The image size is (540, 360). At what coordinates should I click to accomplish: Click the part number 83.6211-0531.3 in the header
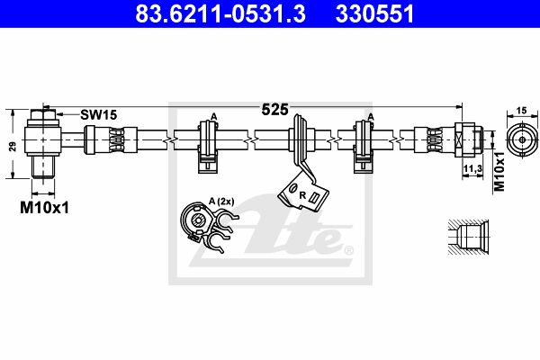pyautogui.click(x=220, y=13)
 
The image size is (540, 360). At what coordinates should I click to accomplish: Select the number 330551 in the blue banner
pyautogui.click(x=374, y=13)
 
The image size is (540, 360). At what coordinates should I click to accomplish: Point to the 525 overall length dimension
pyautogui.click(x=274, y=110)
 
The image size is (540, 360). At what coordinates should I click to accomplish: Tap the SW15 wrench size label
pyautogui.click(x=99, y=114)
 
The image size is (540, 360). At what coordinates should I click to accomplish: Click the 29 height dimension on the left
pyautogui.click(x=13, y=147)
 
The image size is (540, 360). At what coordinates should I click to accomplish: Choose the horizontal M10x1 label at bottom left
pyautogui.click(x=44, y=208)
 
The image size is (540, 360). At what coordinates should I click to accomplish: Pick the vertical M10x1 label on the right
pyautogui.click(x=499, y=172)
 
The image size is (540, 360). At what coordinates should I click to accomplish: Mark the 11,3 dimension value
pyautogui.click(x=472, y=169)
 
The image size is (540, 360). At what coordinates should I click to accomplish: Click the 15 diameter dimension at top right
pyautogui.click(x=522, y=111)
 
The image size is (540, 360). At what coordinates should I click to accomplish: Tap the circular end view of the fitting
pyautogui.click(x=522, y=139)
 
